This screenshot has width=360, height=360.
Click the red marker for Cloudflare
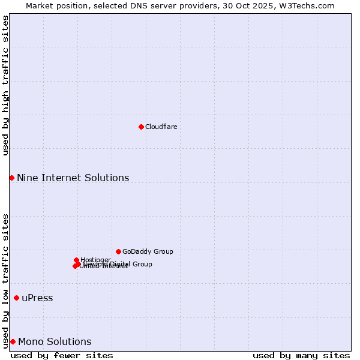coord(141,127)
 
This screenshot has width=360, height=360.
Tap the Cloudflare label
coord(161,127)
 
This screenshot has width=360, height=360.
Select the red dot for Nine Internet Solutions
coord(11,178)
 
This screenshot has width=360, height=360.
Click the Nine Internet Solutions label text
coord(73,178)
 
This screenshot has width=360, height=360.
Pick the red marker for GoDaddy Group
coord(118,251)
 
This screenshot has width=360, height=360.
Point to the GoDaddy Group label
coord(148,251)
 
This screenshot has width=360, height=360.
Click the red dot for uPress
coord(16,298)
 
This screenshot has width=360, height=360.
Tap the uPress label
coord(37,298)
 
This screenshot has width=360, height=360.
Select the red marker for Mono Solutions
coord(13,341)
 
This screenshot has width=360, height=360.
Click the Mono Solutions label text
coord(55,341)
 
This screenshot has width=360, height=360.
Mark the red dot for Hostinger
coord(76,260)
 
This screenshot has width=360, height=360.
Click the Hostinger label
coord(95,259)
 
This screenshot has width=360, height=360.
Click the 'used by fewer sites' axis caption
coord(62,355)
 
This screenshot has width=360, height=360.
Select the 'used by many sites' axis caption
coord(301,355)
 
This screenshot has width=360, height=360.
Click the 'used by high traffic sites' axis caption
coord(5,85)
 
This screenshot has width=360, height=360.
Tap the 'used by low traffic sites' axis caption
coord(5,280)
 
